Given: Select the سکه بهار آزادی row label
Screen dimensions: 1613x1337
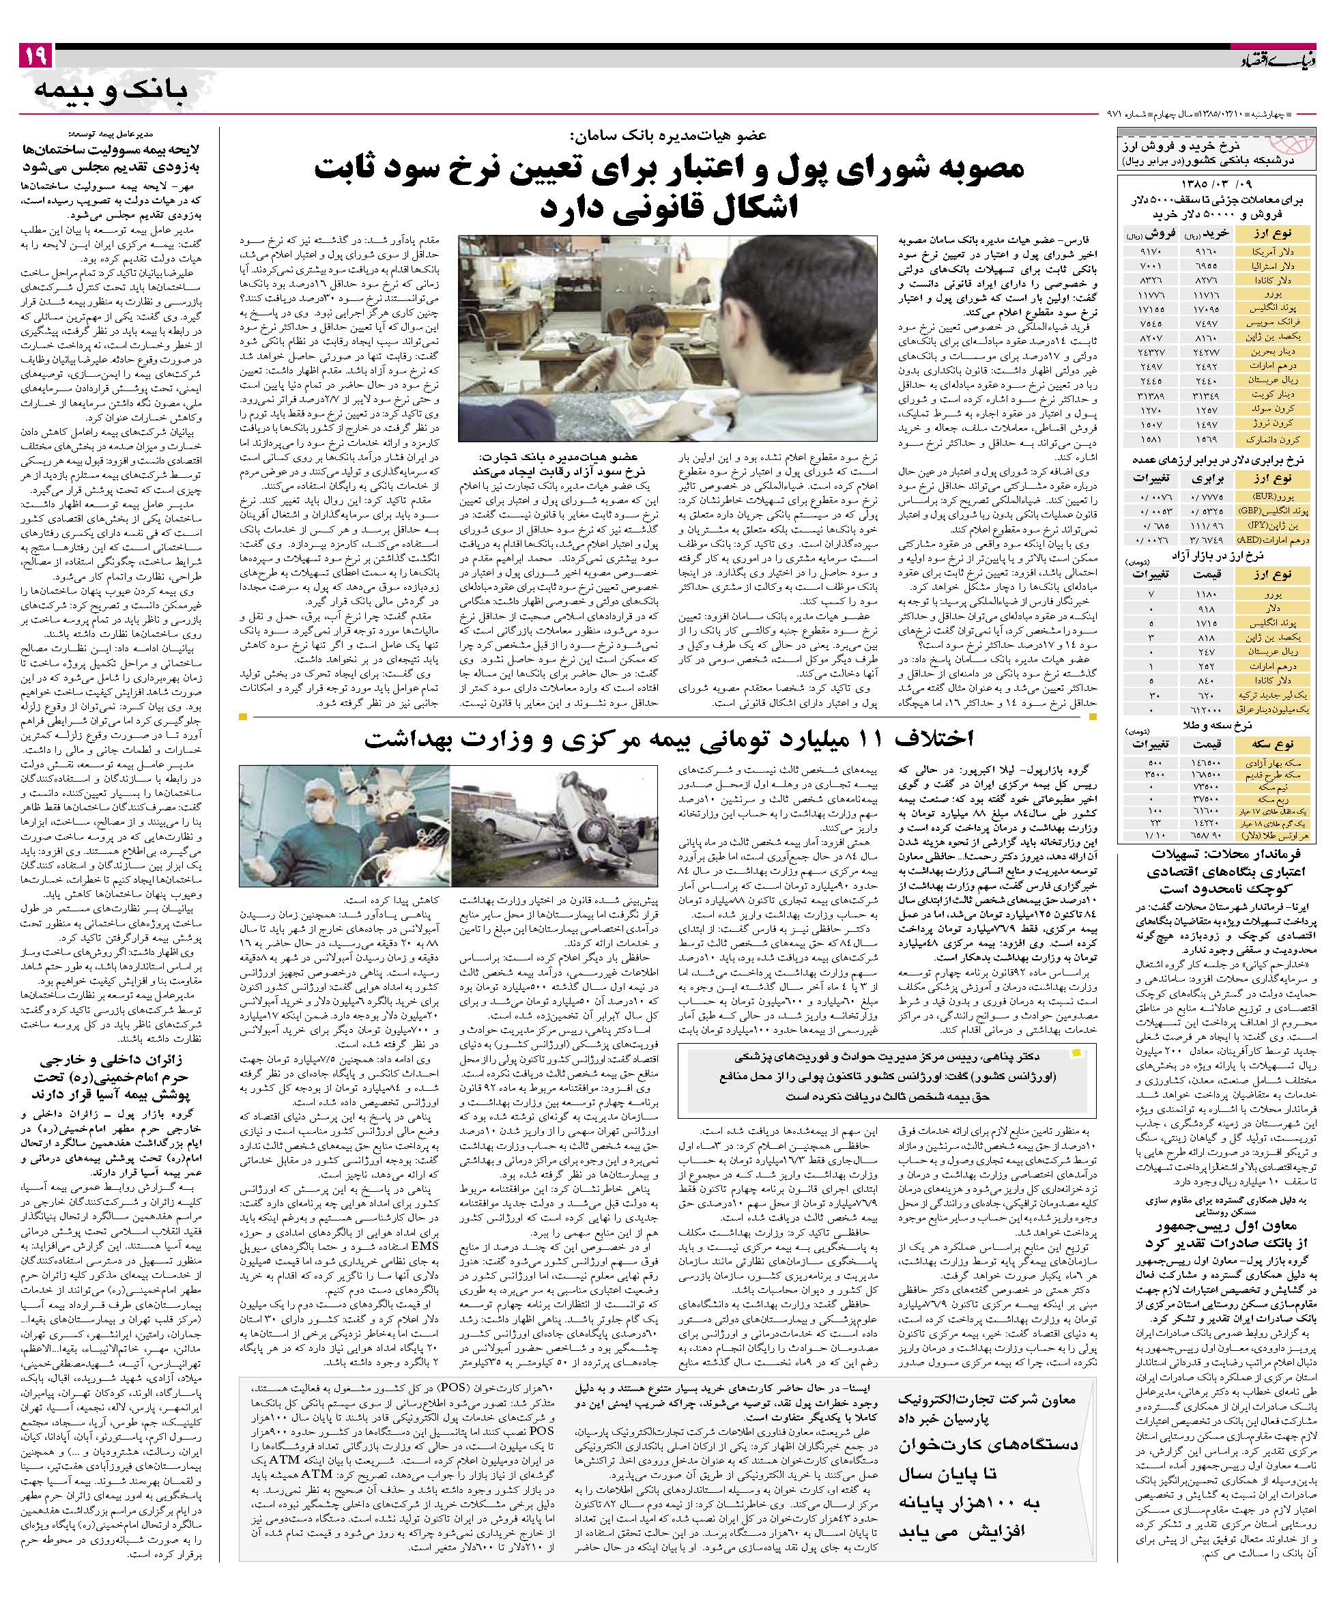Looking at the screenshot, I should pyautogui.click(x=1265, y=762).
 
